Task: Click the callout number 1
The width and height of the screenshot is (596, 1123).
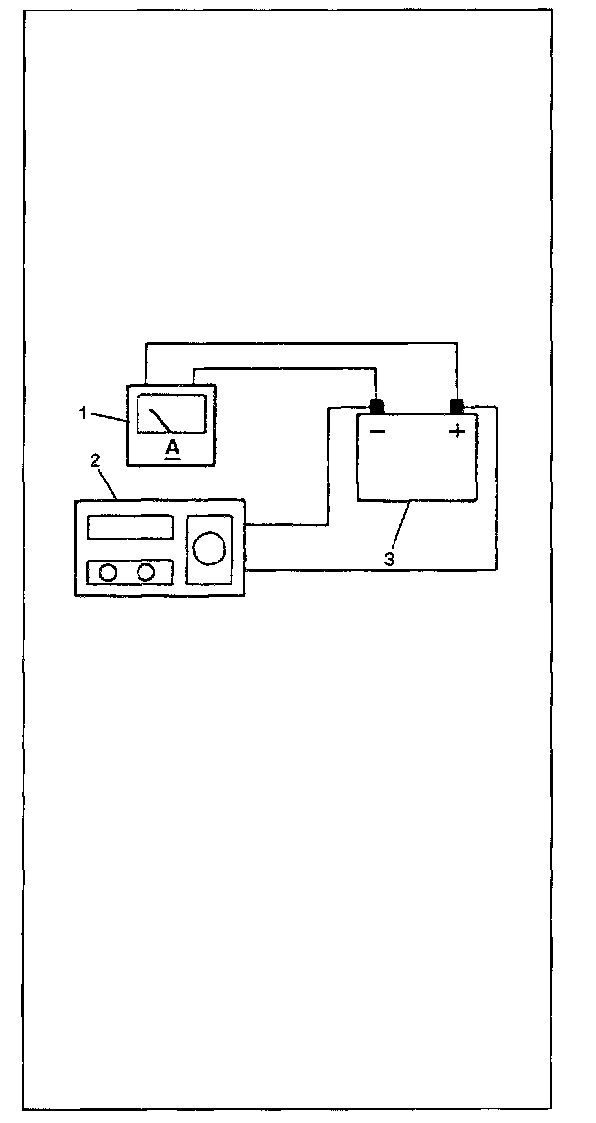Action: click(84, 413)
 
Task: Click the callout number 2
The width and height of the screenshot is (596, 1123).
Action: click(95, 459)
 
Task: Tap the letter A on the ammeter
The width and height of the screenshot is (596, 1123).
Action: click(172, 448)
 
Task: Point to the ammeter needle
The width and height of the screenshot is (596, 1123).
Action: click(160, 418)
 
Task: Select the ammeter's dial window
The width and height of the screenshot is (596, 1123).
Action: click(171, 414)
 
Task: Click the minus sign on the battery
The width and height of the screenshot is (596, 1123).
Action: click(377, 432)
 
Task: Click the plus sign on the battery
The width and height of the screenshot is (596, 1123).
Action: click(458, 431)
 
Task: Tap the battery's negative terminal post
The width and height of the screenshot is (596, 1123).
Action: click(376, 407)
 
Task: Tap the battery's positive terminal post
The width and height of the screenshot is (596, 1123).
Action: click(457, 407)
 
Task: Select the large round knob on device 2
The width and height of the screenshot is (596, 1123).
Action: click(209, 547)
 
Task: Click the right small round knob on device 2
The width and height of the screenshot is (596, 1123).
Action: click(146, 572)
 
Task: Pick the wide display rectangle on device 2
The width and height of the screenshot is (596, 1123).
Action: click(130, 527)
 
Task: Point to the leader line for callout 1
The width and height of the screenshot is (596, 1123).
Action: click(109, 416)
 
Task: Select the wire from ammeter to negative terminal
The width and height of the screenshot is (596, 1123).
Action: click(287, 366)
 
